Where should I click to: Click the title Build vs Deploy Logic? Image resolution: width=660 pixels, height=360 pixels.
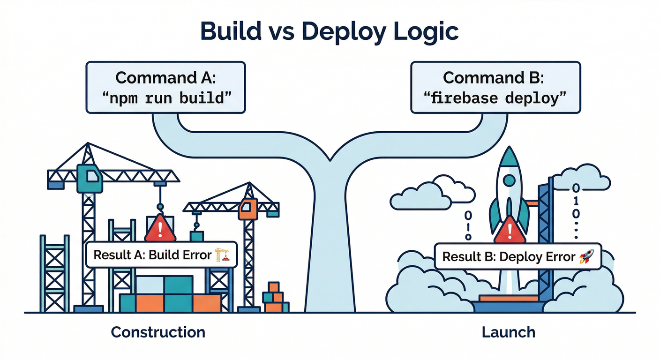coord(330,31)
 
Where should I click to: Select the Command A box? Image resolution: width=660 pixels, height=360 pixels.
coord(165,88)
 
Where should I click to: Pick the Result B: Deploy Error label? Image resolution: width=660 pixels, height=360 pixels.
coord(517,256)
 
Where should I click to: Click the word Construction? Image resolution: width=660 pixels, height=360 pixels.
coord(158,332)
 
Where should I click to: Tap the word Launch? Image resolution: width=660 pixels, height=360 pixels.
coord(508,332)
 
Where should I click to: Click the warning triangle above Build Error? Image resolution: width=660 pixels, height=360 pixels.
coord(160,229)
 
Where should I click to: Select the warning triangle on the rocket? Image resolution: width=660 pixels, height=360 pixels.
coord(509,231)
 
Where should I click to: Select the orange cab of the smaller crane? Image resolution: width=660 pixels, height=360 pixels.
coord(247,209)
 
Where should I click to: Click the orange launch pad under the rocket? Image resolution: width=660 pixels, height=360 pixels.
coord(508,298)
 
